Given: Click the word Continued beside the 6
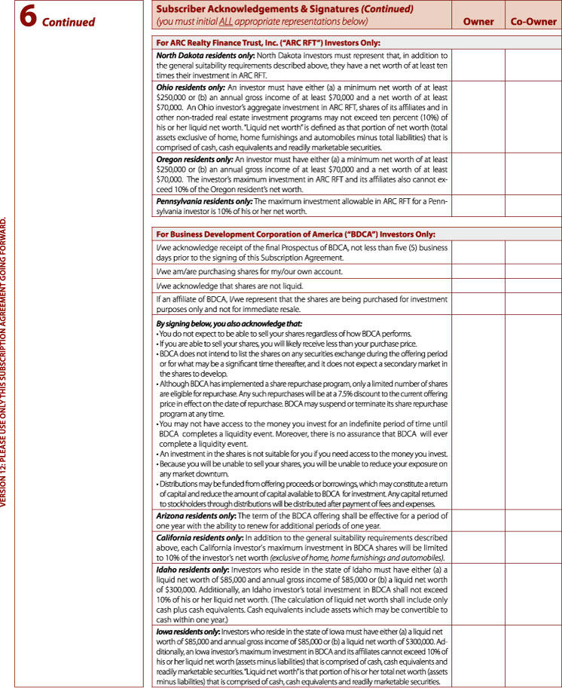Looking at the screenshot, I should point(69,22).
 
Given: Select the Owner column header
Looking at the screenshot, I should point(478,22).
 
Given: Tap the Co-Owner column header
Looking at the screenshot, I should point(533,22).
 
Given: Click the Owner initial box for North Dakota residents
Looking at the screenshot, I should point(478,66).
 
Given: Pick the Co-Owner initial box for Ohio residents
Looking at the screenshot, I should point(533,118).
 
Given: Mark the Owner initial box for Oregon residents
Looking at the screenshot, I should point(478,175).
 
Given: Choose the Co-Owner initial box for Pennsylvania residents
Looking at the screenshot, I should point(533,206).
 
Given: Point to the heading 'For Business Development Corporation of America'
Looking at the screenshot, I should point(295,234).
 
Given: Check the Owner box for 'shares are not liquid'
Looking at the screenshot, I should point(478,286).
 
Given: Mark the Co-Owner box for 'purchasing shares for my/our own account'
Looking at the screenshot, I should point(533,271).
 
